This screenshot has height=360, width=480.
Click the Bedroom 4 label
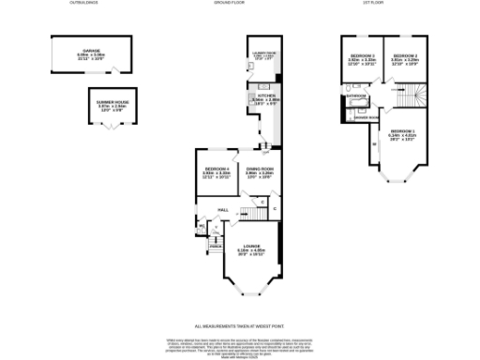[217, 171]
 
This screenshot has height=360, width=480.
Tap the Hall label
[224, 209]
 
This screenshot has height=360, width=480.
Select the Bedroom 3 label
[361, 56]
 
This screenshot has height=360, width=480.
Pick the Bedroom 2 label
[403, 56]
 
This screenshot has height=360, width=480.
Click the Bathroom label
[355, 95]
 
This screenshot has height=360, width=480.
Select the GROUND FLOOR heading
[239, 5]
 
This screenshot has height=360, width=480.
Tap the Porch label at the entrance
[215, 246]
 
